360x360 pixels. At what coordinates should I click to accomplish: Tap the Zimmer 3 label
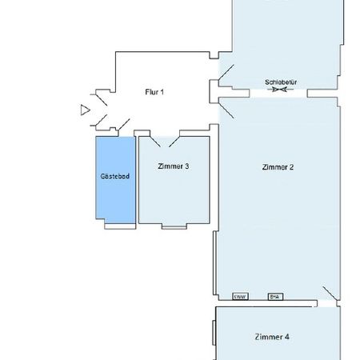click(x=173, y=166)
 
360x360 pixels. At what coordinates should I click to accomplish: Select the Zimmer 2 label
click(x=278, y=167)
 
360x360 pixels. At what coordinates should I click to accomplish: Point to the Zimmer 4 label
click(x=272, y=336)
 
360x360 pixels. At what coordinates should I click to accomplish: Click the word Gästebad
click(x=111, y=176)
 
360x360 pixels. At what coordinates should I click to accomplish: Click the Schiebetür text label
click(x=280, y=82)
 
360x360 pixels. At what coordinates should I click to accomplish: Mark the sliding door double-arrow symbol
click(x=280, y=90)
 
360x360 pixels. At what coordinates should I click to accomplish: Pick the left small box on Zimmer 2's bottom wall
click(x=238, y=297)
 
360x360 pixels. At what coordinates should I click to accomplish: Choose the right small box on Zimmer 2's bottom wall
click(x=274, y=297)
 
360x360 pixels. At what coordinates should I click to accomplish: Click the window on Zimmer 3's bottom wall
click(x=173, y=226)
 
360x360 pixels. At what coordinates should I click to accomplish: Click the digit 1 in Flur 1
click(x=162, y=92)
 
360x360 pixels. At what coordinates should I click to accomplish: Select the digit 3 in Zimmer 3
click(x=186, y=166)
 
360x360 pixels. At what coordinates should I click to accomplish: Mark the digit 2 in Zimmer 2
click(x=294, y=167)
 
